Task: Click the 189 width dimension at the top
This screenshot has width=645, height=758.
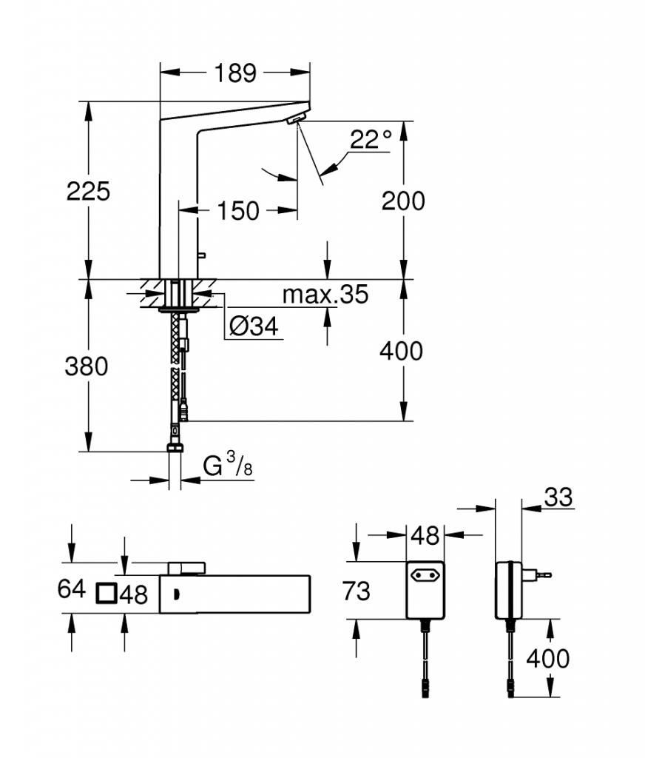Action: click(x=235, y=73)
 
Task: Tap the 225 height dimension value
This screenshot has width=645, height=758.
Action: click(x=88, y=191)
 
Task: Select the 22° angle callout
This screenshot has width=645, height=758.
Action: click(x=371, y=139)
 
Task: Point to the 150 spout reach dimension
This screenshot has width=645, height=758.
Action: click(x=238, y=211)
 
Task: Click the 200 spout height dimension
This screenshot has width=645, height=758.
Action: click(x=403, y=201)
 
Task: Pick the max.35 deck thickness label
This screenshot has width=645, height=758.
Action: click(x=325, y=294)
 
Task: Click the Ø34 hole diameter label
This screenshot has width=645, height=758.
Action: click(x=254, y=326)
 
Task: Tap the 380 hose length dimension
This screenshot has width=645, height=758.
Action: click(x=87, y=366)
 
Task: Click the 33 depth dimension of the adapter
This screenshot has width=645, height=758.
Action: click(x=558, y=497)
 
